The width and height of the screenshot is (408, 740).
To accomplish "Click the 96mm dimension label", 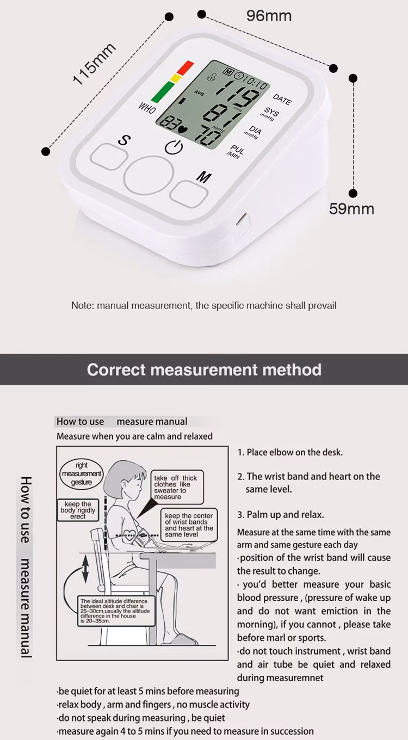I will pyautogui.click(x=269, y=16).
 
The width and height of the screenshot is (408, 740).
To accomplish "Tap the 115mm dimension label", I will pyautogui.click(x=95, y=64).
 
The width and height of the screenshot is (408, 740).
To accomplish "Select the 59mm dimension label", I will pyautogui.click(x=351, y=208).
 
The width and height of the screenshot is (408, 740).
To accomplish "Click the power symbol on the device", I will pyautogui.click(x=174, y=147).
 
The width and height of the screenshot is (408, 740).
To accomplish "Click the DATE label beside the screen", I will pyautogui.click(x=282, y=99).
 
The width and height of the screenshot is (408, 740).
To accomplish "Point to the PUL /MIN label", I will pyautogui.click(x=236, y=152).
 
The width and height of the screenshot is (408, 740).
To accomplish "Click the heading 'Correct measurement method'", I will pyautogui.click(x=204, y=370).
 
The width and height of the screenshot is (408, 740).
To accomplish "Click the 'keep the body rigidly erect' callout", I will pyautogui.click(x=78, y=510).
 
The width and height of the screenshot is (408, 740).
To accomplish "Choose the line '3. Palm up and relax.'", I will pyautogui.click(x=280, y=514).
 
